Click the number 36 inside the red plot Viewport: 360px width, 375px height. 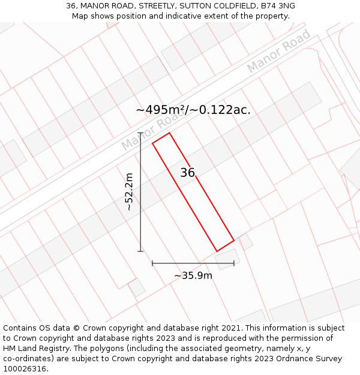click(188, 173)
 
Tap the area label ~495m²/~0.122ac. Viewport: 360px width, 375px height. click(193, 110)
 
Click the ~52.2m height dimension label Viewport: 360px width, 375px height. click(128, 191)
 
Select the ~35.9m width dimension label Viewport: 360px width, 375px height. click(193, 275)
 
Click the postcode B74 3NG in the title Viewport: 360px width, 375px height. click(276, 6)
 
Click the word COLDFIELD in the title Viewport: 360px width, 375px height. click(222, 6)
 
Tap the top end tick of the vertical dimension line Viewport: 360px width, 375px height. click(140, 133)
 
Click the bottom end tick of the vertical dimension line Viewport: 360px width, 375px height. click(140, 251)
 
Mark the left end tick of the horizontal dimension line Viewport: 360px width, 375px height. click(152, 263)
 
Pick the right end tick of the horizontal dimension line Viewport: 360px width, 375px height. click(234, 263)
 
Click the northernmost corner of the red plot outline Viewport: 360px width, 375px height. click(169, 133)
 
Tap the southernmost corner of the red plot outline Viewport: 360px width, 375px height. click(217, 251)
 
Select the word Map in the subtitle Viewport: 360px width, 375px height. click(80, 16)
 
